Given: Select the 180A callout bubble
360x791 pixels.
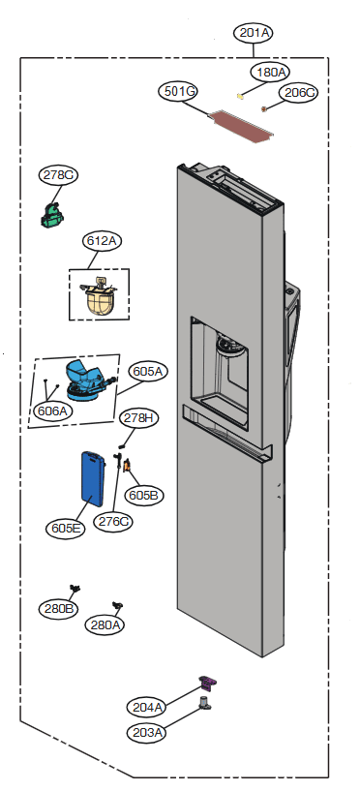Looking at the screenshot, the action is pyautogui.click(x=271, y=73).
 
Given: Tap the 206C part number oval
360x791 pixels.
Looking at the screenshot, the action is pyautogui.click(x=298, y=93).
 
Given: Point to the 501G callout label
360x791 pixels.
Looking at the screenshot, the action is pyautogui.click(x=178, y=92).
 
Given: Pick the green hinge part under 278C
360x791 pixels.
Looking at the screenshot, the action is pyautogui.click(x=52, y=215).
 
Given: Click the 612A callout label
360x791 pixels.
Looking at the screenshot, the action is pyautogui.click(x=103, y=241).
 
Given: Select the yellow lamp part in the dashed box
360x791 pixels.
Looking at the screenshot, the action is pyautogui.click(x=99, y=296).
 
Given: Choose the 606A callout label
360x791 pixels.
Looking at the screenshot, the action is pyautogui.click(x=52, y=411).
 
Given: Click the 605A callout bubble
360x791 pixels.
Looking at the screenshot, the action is pyautogui.click(x=149, y=372).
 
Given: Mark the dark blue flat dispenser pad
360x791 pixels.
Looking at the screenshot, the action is pyautogui.click(x=93, y=478).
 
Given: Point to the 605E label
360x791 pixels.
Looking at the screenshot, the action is pyautogui.click(x=66, y=529).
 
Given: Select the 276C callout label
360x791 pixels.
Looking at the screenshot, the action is pyautogui.click(x=113, y=521).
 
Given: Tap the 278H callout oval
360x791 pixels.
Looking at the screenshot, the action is pyautogui.click(x=138, y=418).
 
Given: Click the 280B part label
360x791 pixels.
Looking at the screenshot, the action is pyautogui.click(x=58, y=608).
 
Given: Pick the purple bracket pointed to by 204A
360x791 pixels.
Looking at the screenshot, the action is pyautogui.click(x=207, y=683).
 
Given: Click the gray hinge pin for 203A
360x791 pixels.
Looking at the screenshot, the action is pyautogui.click(x=205, y=703).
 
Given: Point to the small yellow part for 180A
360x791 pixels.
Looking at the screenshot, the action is pyautogui.click(x=240, y=95).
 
